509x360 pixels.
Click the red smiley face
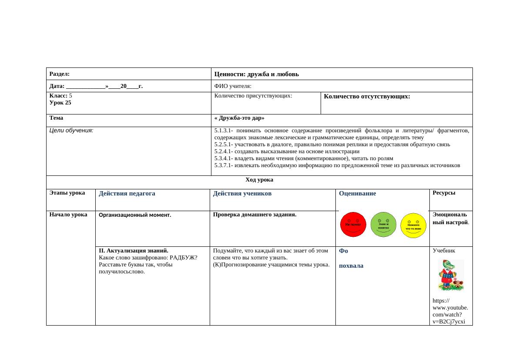[x=353, y=225]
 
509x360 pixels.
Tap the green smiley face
[x=383, y=225]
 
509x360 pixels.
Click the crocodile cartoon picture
[x=450, y=275]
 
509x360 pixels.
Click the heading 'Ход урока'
[x=259, y=179]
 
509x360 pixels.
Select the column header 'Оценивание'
[x=357, y=193]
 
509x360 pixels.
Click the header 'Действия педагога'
[x=127, y=193]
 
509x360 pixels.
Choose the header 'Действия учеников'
[x=242, y=193]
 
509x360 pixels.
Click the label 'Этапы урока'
[x=67, y=193]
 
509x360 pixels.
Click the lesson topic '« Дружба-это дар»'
[x=239, y=118]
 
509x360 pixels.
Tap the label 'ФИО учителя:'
[x=233, y=86]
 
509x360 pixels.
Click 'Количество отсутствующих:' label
[x=367, y=96]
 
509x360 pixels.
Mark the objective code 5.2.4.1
[x=224, y=151]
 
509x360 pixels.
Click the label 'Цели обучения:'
[x=71, y=130]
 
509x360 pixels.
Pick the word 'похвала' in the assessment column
[x=351, y=266]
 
